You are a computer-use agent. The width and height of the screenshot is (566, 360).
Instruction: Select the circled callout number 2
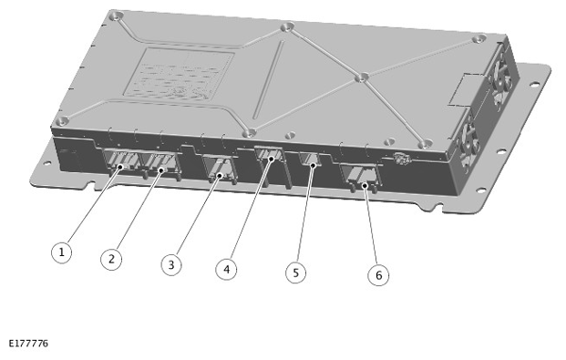[x=111, y=259]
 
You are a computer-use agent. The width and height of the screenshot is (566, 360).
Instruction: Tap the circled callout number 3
[x=170, y=265]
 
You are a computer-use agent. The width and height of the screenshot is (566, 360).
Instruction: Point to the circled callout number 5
[x=293, y=272]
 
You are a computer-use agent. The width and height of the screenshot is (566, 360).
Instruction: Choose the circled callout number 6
[x=376, y=274]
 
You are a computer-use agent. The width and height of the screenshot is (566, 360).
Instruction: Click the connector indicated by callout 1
[x=122, y=165]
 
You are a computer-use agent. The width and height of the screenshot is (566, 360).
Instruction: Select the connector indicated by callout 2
[x=161, y=167]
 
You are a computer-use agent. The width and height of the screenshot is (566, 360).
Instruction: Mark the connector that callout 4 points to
[x=270, y=157]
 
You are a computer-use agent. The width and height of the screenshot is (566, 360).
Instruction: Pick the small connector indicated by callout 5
[x=312, y=161]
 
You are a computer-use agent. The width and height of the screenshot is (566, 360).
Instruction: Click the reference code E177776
[x=28, y=344]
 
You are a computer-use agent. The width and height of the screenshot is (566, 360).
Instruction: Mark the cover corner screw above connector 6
[x=422, y=143]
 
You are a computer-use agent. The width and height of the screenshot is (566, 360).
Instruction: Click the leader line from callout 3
[x=195, y=217]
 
